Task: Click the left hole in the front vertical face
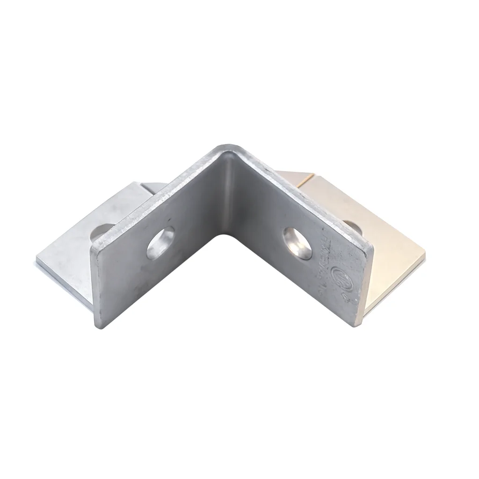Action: point(160,242)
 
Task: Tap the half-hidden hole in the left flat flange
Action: point(103,232)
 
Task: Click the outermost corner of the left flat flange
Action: point(37,259)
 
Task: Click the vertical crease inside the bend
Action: point(228,196)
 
